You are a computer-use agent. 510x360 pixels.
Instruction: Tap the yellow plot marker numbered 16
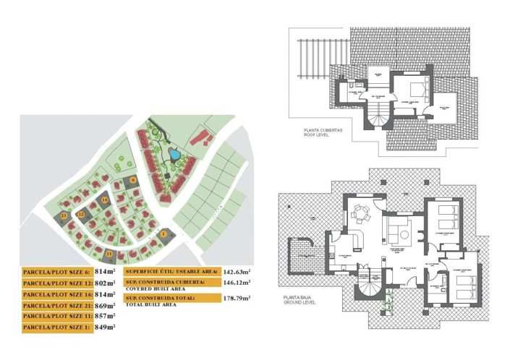click(106, 200)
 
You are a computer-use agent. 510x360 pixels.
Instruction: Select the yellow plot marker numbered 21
click(65, 215)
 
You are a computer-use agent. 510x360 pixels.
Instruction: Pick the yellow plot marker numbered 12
click(82, 215)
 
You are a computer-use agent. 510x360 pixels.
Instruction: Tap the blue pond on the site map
click(174, 153)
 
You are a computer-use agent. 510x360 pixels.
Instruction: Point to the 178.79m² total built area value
click(237, 297)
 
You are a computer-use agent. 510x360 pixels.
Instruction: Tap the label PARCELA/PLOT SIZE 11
click(56, 317)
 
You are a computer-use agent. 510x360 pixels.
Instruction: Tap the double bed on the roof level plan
click(419, 90)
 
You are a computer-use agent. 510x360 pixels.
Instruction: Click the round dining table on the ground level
click(362, 216)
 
